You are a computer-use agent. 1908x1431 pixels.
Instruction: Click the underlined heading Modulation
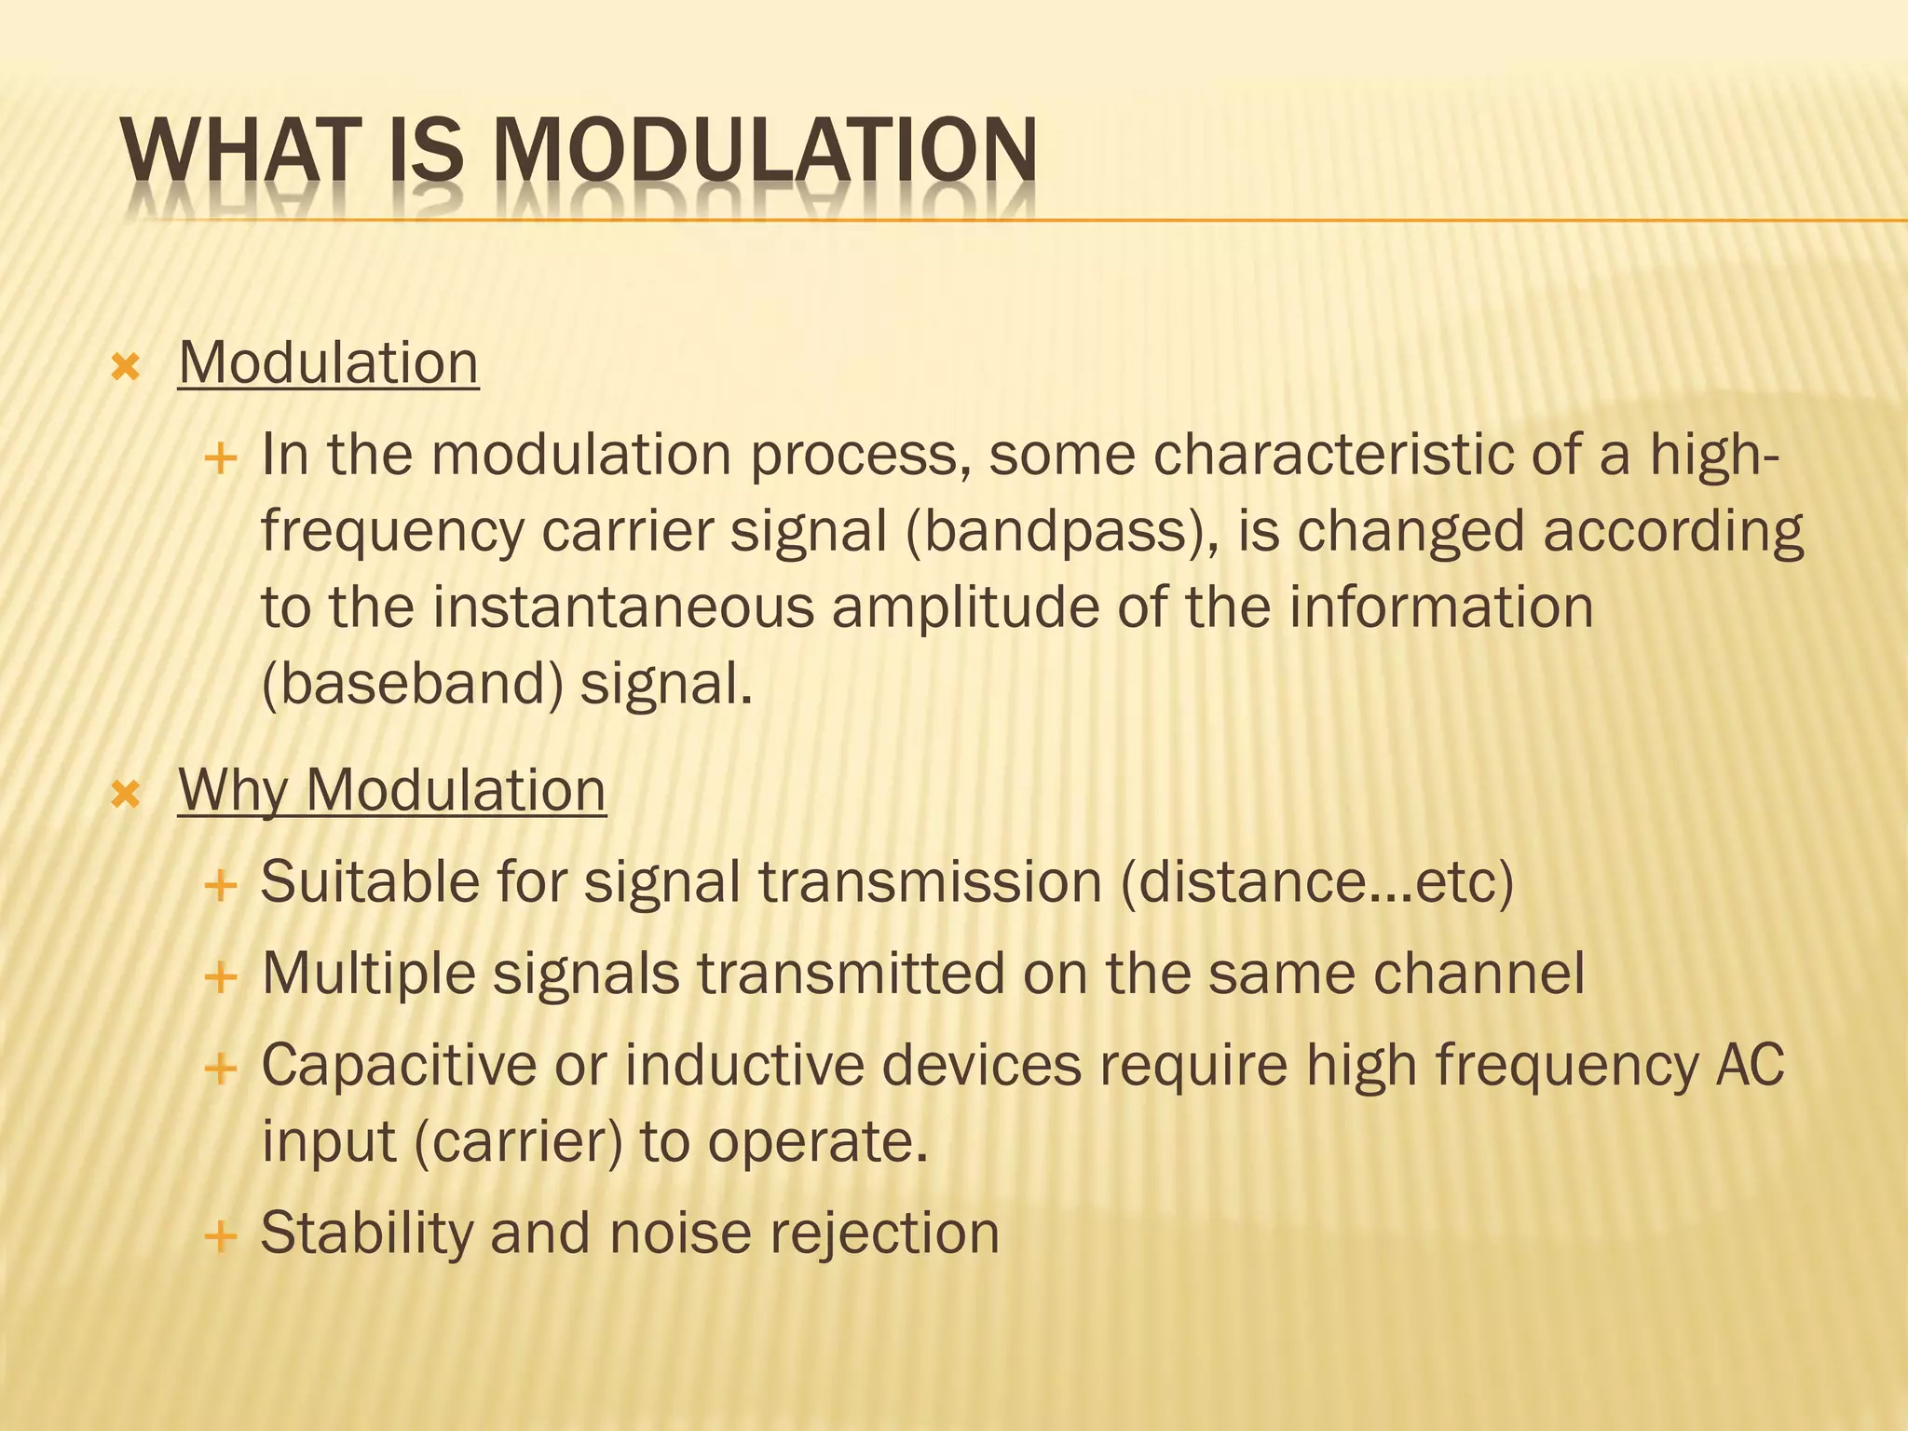pyautogui.click(x=328, y=362)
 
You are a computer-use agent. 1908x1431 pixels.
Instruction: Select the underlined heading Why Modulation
pyautogui.click(x=391, y=790)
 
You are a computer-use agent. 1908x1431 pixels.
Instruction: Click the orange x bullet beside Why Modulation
pyautogui.click(x=125, y=795)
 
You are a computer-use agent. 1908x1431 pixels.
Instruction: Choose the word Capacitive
pyautogui.click(x=399, y=1065)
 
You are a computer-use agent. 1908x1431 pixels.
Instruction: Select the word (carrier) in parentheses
pyautogui.click(x=517, y=1142)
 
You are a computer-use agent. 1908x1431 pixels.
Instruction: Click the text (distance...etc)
pyautogui.click(x=1316, y=882)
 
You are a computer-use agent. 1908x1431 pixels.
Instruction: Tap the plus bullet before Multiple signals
pyautogui.click(x=220, y=977)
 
